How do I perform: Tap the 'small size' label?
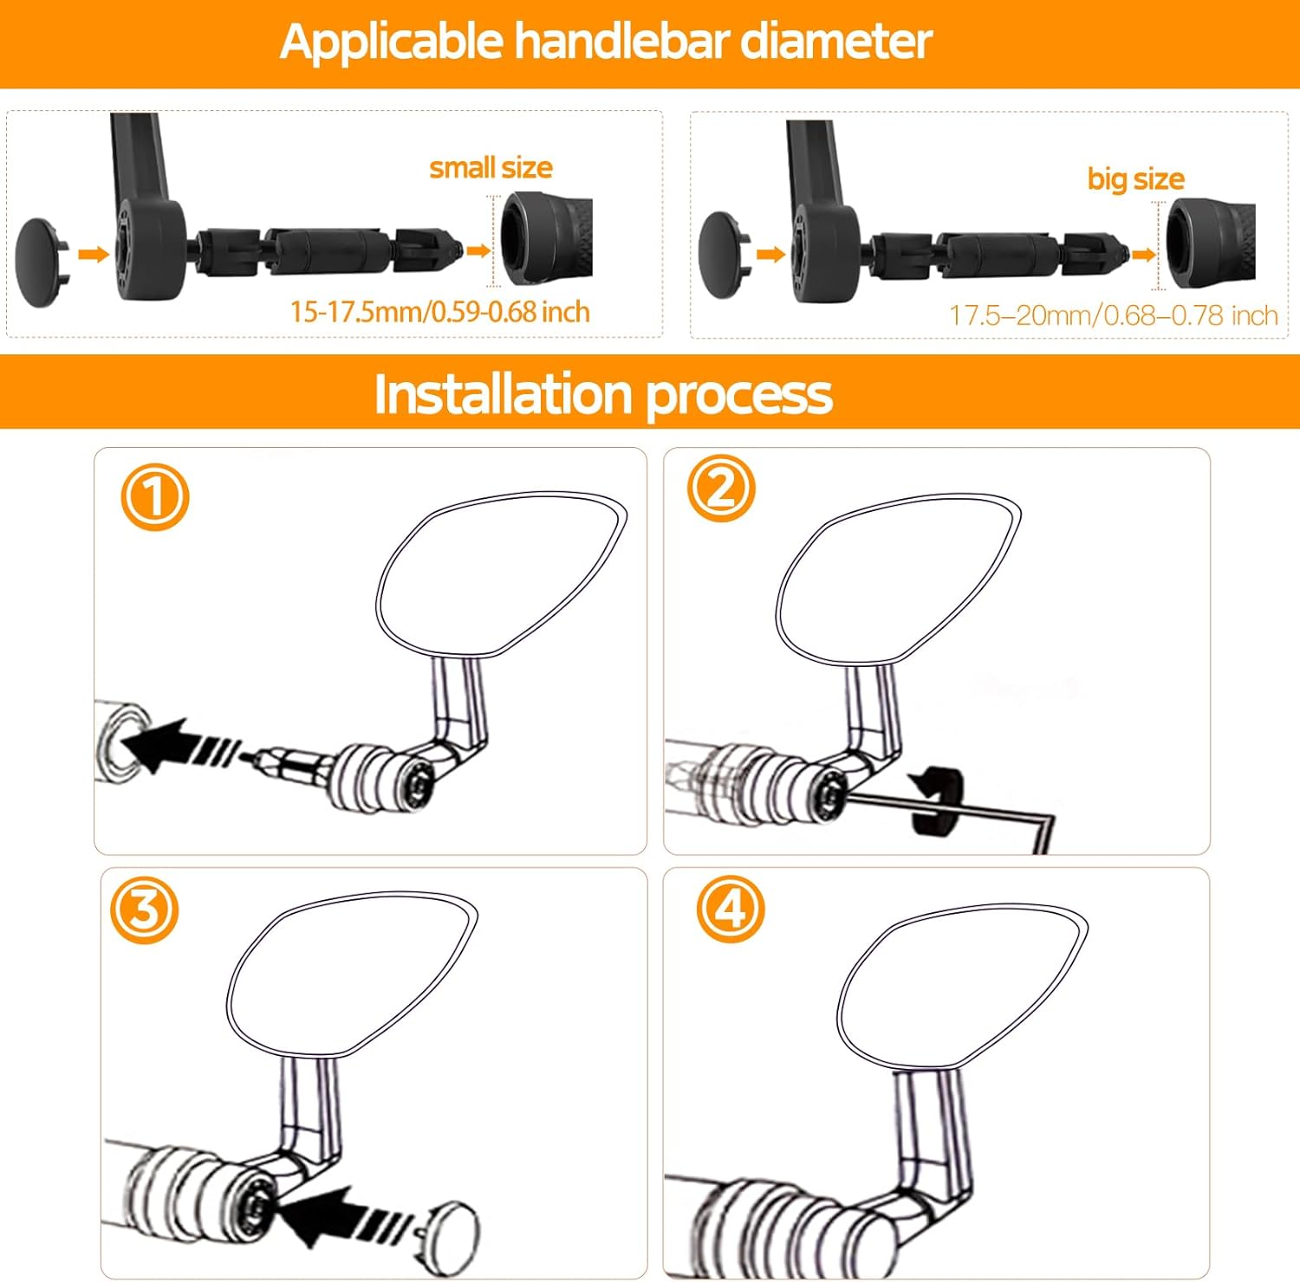coord(491,168)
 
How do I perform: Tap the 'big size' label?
coord(1135,179)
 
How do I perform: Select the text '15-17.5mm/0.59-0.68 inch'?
coord(439,312)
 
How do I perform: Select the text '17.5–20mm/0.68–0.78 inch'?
coord(1113,315)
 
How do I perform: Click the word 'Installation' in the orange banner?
coord(503,394)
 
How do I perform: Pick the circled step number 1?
coord(154,497)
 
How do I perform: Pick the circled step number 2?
coord(721,489)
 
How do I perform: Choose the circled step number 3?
coord(144,910)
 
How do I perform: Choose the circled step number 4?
coord(731,909)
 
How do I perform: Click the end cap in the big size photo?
coord(723,255)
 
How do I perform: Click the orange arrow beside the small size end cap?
coord(94,254)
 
